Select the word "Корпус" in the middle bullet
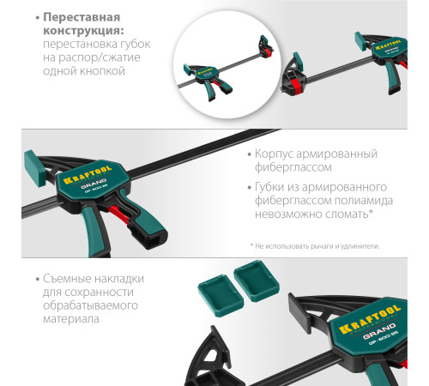tap(276, 154)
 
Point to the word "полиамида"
tap(356, 200)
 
